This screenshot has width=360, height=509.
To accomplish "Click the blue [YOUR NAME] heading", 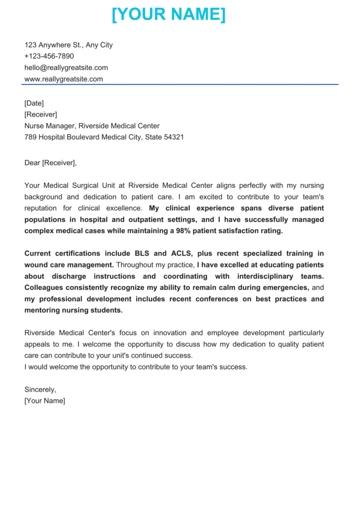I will click(x=169, y=14).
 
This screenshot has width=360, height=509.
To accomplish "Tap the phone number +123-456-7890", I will click(x=49, y=56).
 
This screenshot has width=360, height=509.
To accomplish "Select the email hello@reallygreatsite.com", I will click(x=66, y=68).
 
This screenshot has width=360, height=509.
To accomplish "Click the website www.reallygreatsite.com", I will click(x=64, y=79).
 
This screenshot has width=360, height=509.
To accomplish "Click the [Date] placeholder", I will click(x=34, y=103).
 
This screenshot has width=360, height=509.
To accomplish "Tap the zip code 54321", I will click(x=174, y=137).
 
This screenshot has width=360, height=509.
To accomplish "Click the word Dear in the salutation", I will click(x=32, y=163).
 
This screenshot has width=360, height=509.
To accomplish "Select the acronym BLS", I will click(x=143, y=254).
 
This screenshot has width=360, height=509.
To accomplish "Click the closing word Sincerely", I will click(x=40, y=390).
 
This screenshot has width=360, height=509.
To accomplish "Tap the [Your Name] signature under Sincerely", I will click(x=45, y=401).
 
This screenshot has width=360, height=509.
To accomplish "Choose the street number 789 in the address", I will click(x=30, y=137).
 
